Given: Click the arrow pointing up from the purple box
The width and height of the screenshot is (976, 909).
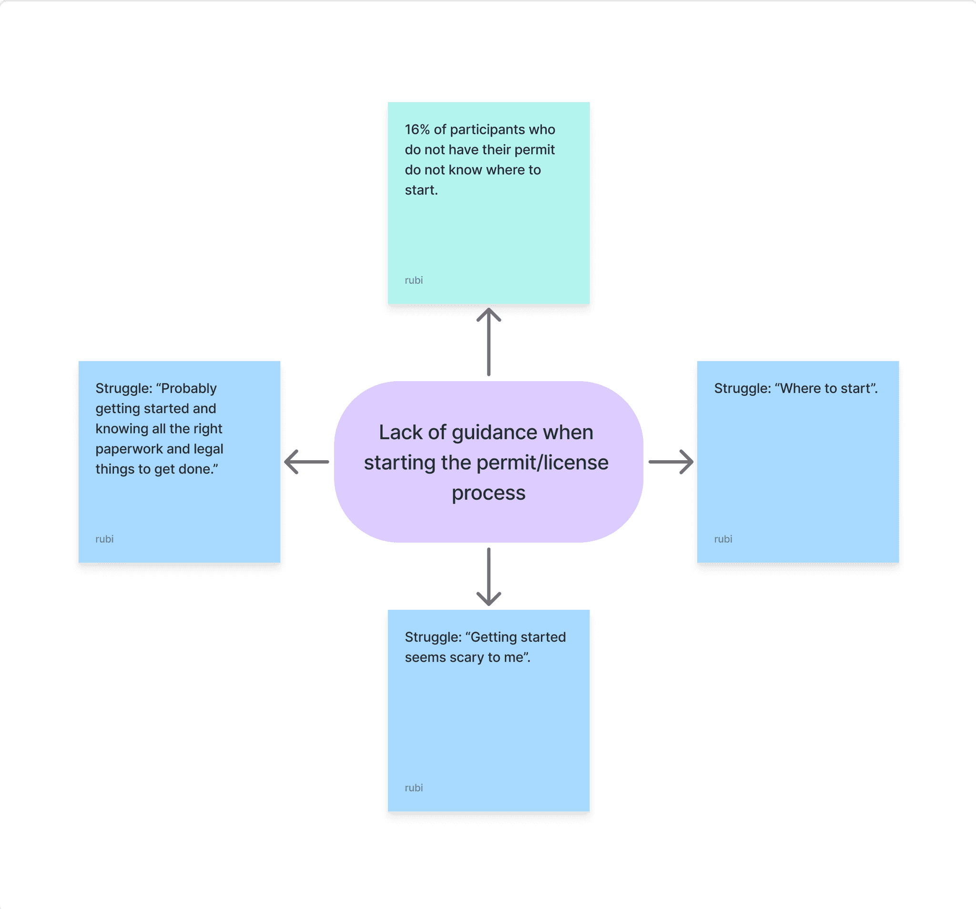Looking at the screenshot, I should click(488, 342).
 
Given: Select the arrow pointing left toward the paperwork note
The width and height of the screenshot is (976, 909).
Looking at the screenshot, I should click(307, 462).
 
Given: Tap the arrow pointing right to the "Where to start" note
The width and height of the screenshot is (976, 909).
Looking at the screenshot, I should click(671, 462).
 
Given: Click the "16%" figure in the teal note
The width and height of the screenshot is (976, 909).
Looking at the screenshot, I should click(417, 130).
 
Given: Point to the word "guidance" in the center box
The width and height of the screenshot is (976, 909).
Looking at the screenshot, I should click(495, 433).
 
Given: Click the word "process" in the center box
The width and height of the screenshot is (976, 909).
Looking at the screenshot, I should click(488, 493).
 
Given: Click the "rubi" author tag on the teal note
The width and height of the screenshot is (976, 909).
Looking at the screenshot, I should click(413, 280).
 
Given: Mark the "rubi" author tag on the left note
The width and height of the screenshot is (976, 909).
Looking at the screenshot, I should click(104, 539).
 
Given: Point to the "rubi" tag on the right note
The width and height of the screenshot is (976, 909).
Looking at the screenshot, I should click(722, 539).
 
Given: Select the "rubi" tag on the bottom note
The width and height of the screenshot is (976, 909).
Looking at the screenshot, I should click(413, 788).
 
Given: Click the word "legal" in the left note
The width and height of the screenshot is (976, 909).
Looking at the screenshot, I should click(208, 449).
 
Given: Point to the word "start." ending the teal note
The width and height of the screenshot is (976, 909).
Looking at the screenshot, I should click(421, 190).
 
